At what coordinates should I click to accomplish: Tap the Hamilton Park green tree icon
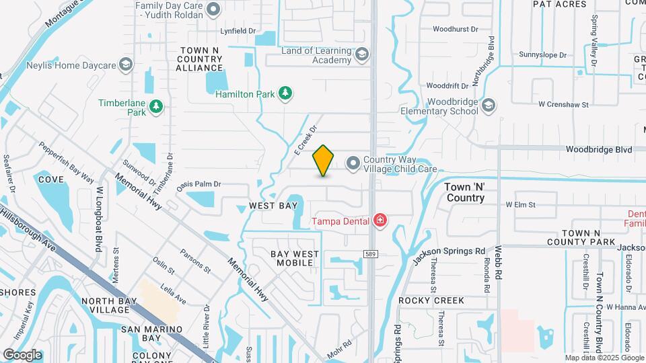[285, 93]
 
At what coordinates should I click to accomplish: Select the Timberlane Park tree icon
[156, 107]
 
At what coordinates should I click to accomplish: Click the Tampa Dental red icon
[380, 220]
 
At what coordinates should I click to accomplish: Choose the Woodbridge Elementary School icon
[489, 106]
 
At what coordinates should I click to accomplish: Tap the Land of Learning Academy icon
[362, 54]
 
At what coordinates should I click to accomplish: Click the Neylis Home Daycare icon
[125, 65]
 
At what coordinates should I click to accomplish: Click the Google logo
[22, 355]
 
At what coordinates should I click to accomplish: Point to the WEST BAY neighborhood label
[273, 205]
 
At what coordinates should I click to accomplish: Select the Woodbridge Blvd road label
[598, 149]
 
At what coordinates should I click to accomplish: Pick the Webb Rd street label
[499, 263]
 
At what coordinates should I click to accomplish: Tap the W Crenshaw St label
[563, 105]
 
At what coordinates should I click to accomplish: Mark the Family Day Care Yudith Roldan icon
[214, 9]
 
